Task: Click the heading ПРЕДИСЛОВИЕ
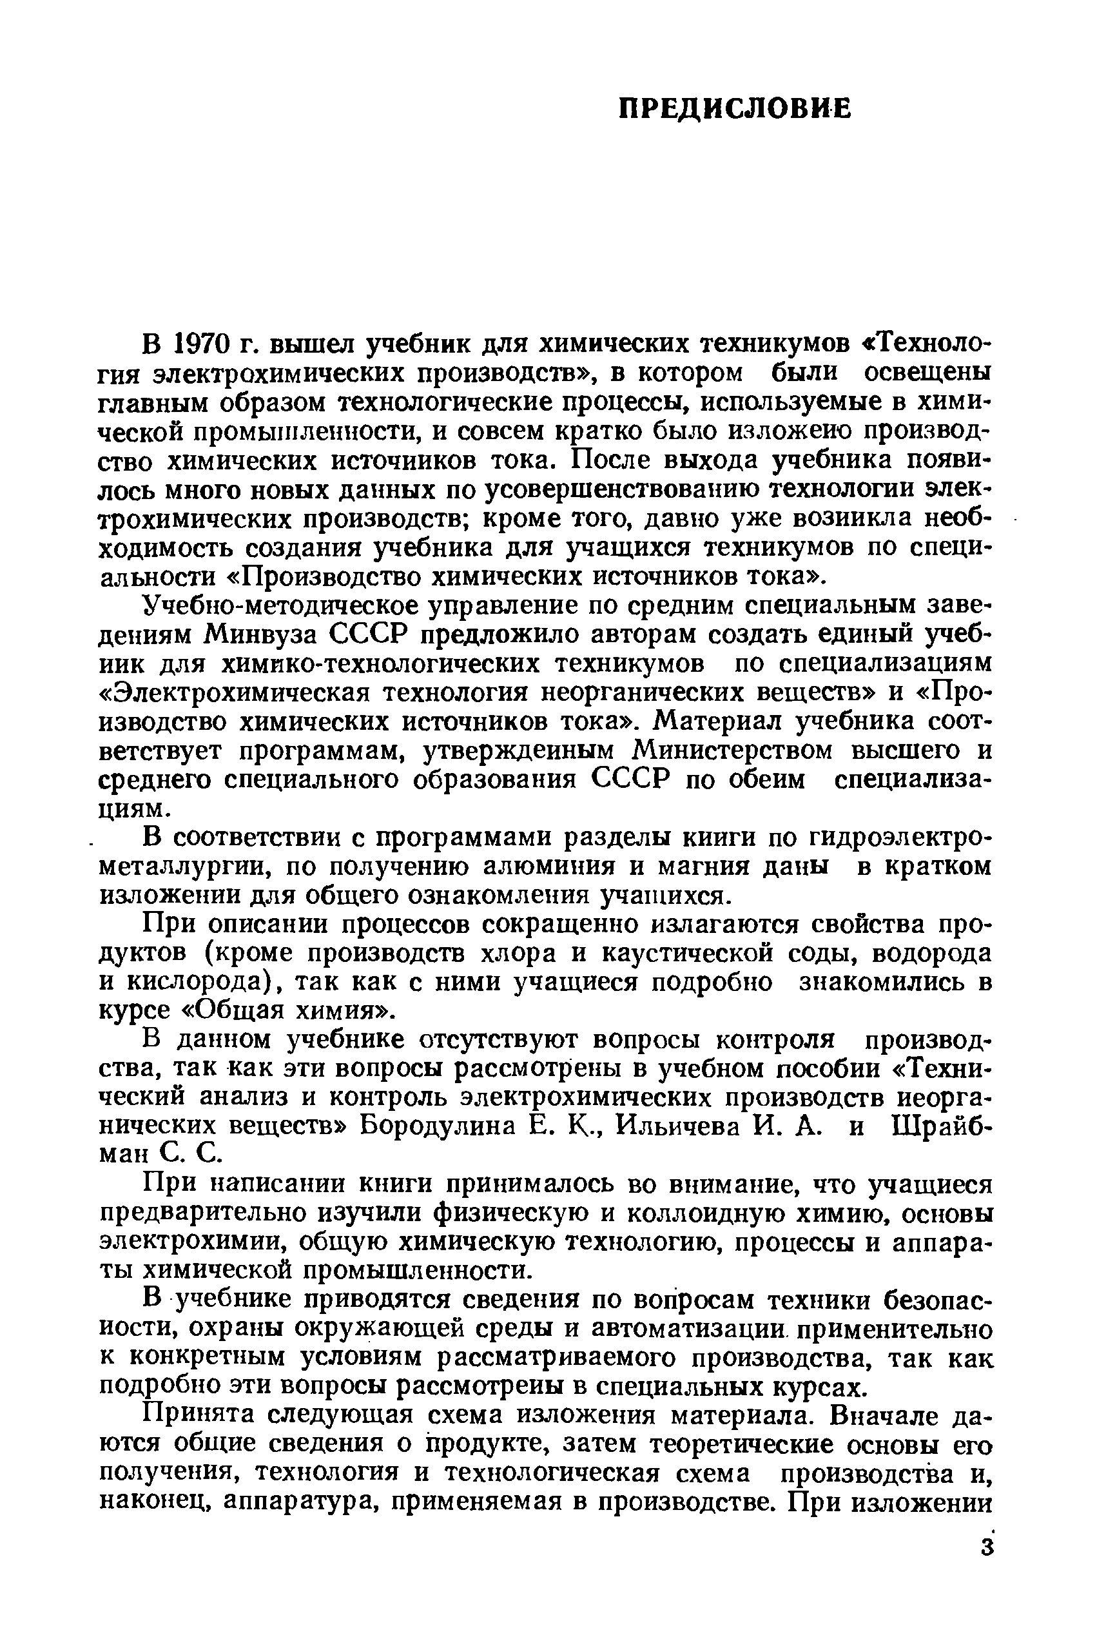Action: pyautogui.click(x=734, y=110)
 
